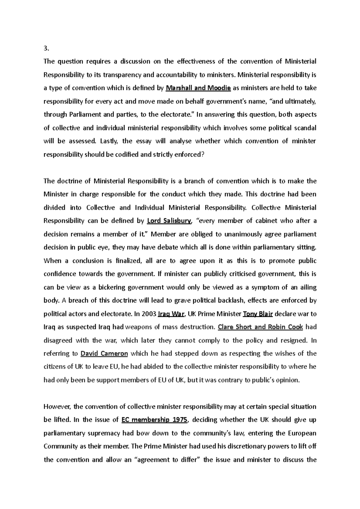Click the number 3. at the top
click(46, 48)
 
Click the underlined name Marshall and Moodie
click(198, 88)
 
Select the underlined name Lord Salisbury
click(169, 221)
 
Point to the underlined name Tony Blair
click(258, 314)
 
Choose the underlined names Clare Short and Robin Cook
click(260, 327)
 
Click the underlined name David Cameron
click(104, 353)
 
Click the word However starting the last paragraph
click(57, 407)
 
